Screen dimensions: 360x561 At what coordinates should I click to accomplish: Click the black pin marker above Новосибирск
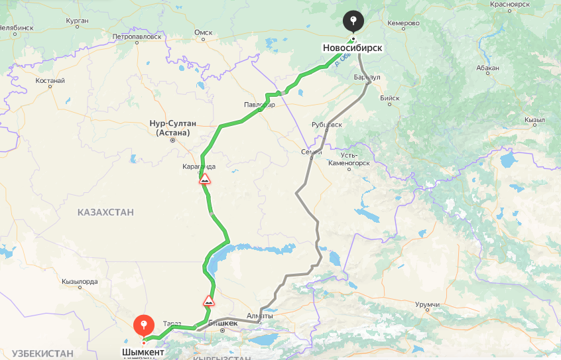point(353,21)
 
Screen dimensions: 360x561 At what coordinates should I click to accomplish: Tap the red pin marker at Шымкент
point(143,325)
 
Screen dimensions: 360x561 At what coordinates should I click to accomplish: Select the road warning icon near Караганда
point(206,179)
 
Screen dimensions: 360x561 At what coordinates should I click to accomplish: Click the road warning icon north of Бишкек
point(209,301)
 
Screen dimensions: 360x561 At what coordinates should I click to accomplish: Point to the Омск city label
point(203,32)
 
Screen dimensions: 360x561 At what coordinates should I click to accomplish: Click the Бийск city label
point(390,98)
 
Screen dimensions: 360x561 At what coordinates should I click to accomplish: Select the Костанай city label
point(50,80)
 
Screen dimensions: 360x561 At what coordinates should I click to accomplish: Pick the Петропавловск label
point(137,36)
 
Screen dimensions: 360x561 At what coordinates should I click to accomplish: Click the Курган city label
point(77,21)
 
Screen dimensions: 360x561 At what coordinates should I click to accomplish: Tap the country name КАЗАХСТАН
point(105,212)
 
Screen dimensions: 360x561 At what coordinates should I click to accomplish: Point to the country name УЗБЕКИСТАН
point(42,353)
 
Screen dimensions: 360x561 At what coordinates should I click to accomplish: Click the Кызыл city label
point(534,120)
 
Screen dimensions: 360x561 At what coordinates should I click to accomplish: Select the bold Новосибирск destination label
point(353,48)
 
